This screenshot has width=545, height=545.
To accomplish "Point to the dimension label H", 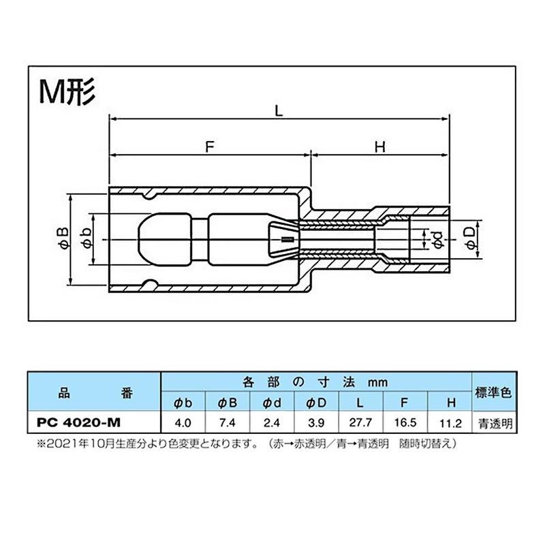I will [x=380, y=147].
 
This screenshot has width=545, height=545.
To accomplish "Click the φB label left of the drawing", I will [x=63, y=239].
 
